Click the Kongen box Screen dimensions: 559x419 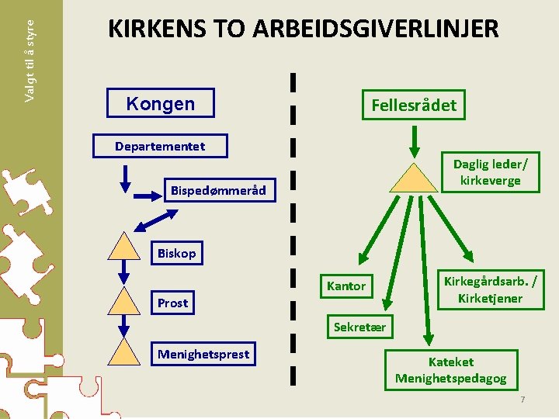coord(160,103)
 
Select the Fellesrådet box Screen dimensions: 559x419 coord(414,105)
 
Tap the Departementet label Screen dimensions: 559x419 coord(160,146)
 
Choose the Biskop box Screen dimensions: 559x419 coord(177,253)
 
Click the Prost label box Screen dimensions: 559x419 coord(172,303)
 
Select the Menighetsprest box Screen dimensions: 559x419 coord(203,355)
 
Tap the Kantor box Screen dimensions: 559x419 coord(346,286)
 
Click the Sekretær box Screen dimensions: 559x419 coord(359,327)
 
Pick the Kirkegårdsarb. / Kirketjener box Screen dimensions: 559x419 coord(490,289)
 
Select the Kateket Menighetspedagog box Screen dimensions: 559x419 coord(450,370)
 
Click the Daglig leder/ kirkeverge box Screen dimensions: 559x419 coord(490,171)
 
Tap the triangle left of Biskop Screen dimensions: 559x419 coord(123,246)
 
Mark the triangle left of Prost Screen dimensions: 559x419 coord(123,300)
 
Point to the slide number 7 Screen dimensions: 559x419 coord(523,399)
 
